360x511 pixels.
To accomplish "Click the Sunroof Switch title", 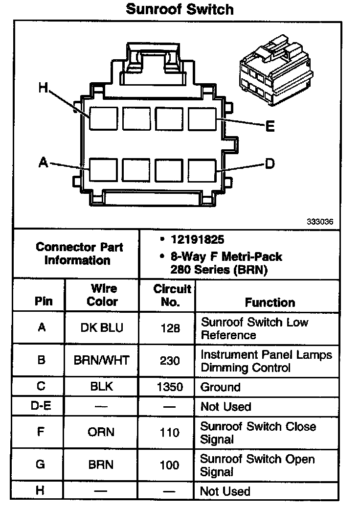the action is [180, 9].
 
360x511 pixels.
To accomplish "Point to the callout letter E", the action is [270, 127].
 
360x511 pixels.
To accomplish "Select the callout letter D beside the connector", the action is [270, 163].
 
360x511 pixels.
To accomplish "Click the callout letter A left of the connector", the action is [44, 163].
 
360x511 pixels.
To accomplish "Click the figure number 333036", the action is [320, 221].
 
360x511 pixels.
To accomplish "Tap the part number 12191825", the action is [197, 240].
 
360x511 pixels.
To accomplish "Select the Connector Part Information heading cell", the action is [79, 254].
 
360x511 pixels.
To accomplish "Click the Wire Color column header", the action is [102, 295].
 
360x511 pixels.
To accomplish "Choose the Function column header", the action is [270, 302].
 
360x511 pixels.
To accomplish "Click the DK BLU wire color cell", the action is [102, 328].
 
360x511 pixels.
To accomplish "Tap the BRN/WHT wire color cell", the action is [102, 361].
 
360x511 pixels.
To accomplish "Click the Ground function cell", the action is [221, 387].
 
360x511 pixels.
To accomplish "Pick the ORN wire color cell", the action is [102, 433].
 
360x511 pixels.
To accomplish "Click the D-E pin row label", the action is [41, 406].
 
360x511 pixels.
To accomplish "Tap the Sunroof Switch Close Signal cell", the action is [258, 433].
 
